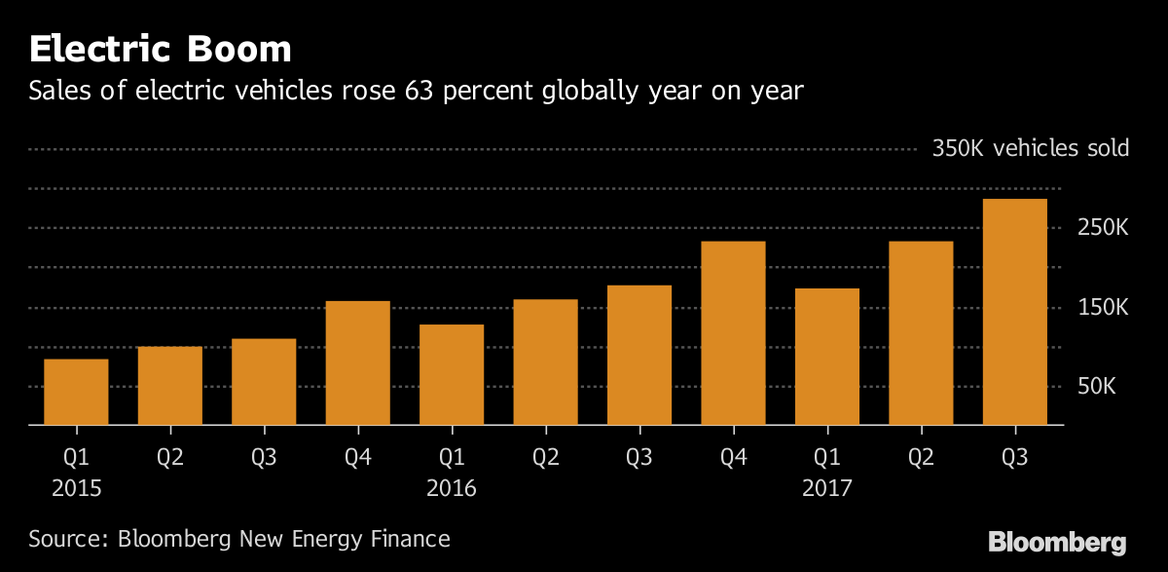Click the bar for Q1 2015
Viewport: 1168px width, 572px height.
tap(76, 392)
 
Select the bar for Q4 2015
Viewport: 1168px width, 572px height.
tap(358, 362)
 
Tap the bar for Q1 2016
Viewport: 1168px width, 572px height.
tap(452, 374)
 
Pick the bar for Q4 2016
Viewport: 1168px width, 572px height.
tap(733, 332)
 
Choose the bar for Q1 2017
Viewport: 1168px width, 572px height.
tap(827, 357)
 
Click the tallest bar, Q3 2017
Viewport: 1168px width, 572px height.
tap(1015, 312)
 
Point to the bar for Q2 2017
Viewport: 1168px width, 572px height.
tap(921, 332)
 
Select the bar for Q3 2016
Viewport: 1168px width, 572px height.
tap(639, 355)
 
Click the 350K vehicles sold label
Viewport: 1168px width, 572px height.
tap(1031, 149)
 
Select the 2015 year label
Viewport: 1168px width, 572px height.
tap(76, 487)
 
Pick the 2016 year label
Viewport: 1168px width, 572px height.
tap(452, 487)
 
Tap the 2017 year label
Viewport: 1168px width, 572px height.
tap(827, 487)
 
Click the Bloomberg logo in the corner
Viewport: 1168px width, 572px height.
tap(1057, 542)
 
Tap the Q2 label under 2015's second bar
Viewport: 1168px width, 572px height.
tap(170, 456)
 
